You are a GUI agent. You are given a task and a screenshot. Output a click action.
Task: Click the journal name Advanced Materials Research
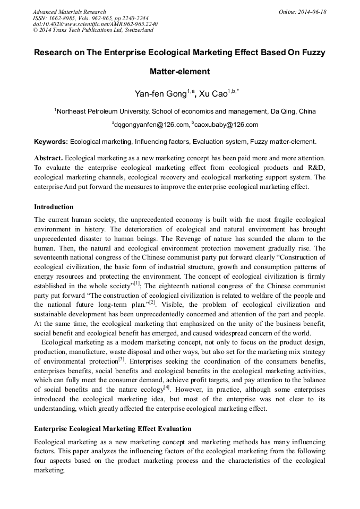pos(69,12)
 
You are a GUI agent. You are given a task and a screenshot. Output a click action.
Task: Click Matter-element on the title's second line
pos(179,72)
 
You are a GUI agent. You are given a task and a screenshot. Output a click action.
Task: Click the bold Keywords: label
pos(51,142)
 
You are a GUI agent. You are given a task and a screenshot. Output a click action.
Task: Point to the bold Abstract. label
pos(48,158)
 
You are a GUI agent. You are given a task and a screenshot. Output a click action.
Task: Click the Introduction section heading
pos(54,206)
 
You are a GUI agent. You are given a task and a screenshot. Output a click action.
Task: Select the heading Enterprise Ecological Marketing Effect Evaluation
pos(113,428)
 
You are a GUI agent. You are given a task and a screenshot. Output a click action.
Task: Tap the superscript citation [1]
pos(136,283)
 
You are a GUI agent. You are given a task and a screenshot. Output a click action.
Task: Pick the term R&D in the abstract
pos(318,168)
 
